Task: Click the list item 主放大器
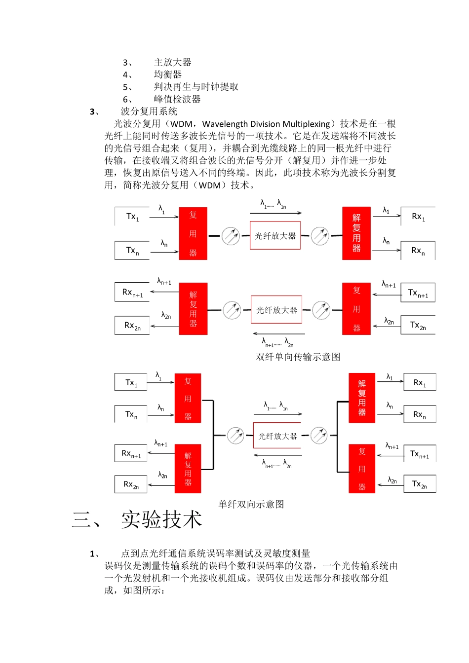(x=172, y=62)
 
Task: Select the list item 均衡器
(x=168, y=74)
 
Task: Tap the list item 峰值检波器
(x=177, y=99)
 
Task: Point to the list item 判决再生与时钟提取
(x=196, y=87)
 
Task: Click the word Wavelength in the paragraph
(x=229, y=124)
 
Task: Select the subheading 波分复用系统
(x=149, y=111)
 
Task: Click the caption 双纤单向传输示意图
(x=298, y=357)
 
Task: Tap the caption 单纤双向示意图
(x=251, y=504)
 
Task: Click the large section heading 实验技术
(x=161, y=520)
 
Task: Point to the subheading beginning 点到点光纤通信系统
(x=215, y=553)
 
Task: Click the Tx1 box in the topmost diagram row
(x=132, y=217)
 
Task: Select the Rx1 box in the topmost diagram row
(x=418, y=217)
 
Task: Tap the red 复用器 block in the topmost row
(x=193, y=234)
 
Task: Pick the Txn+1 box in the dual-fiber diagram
(x=418, y=293)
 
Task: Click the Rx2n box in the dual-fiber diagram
(x=132, y=326)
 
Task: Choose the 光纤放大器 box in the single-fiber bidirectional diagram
(x=277, y=436)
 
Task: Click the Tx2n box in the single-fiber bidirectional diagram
(x=420, y=484)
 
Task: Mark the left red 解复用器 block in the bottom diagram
(x=188, y=469)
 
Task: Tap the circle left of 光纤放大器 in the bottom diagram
(x=235, y=436)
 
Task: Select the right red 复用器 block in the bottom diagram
(x=362, y=469)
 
